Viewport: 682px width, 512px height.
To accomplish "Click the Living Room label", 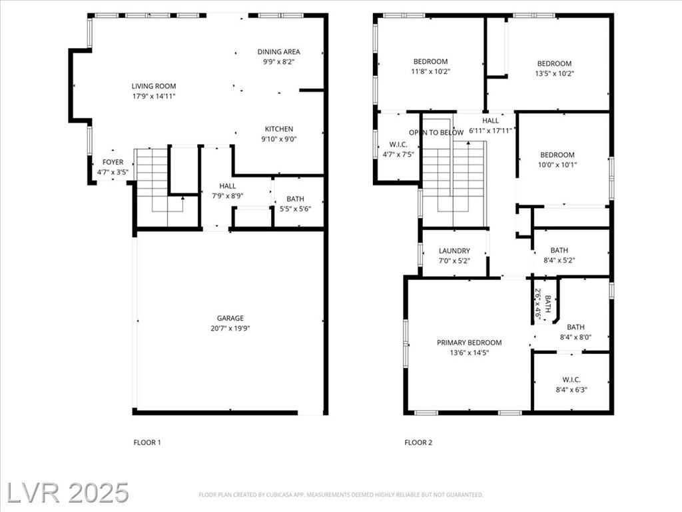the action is [154, 86].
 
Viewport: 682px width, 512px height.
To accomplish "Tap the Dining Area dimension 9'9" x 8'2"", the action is [278, 62].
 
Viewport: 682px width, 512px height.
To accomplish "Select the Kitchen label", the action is [279, 129].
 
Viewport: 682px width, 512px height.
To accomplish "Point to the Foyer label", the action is [113, 162].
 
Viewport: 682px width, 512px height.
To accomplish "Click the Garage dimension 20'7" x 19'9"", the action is [230, 328].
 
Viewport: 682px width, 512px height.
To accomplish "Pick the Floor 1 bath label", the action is [295, 199].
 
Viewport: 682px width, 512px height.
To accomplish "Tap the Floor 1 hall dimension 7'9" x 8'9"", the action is [228, 196].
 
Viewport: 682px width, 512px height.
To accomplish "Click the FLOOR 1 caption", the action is [147, 443].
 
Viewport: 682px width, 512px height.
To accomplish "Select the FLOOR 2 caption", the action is [418, 443].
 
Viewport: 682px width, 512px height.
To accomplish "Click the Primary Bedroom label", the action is [470, 343].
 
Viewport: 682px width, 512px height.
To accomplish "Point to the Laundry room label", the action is [454, 251].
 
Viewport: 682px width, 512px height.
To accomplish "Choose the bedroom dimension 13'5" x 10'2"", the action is [555, 73].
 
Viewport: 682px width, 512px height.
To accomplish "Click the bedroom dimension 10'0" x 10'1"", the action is [557, 165].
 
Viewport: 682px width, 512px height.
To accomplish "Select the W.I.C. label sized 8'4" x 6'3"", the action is [571, 379].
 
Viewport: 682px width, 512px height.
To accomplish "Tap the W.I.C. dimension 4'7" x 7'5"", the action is [398, 154].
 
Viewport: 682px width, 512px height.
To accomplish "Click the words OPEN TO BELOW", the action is [436, 133].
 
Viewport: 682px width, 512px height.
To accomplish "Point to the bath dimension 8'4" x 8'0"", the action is [575, 337].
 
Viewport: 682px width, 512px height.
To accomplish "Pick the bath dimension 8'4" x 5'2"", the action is [559, 261].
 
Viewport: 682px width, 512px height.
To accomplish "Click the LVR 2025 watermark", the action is [68, 493].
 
